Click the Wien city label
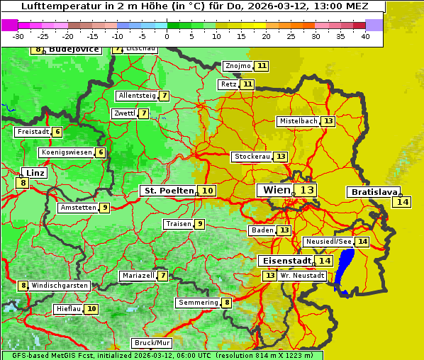click(x=277, y=190)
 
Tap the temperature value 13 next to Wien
click(x=306, y=190)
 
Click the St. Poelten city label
click(x=168, y=191)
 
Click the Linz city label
click(x=34, y=173)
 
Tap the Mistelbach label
click(x=298, y=121)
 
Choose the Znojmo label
click(x=238, y=66)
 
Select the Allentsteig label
click(x=137, y=96)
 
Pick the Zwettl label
click(x=124, y=113)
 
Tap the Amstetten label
click(x=78, y=208)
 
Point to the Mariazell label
click(x=138, y=276)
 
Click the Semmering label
click(x=199, y=303)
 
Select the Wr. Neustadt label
click(x=297, y=276)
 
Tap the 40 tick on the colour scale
click(x=365, y=36)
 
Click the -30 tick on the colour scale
click(x=18, y=36)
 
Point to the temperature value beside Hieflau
click(x=92, y=309)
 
